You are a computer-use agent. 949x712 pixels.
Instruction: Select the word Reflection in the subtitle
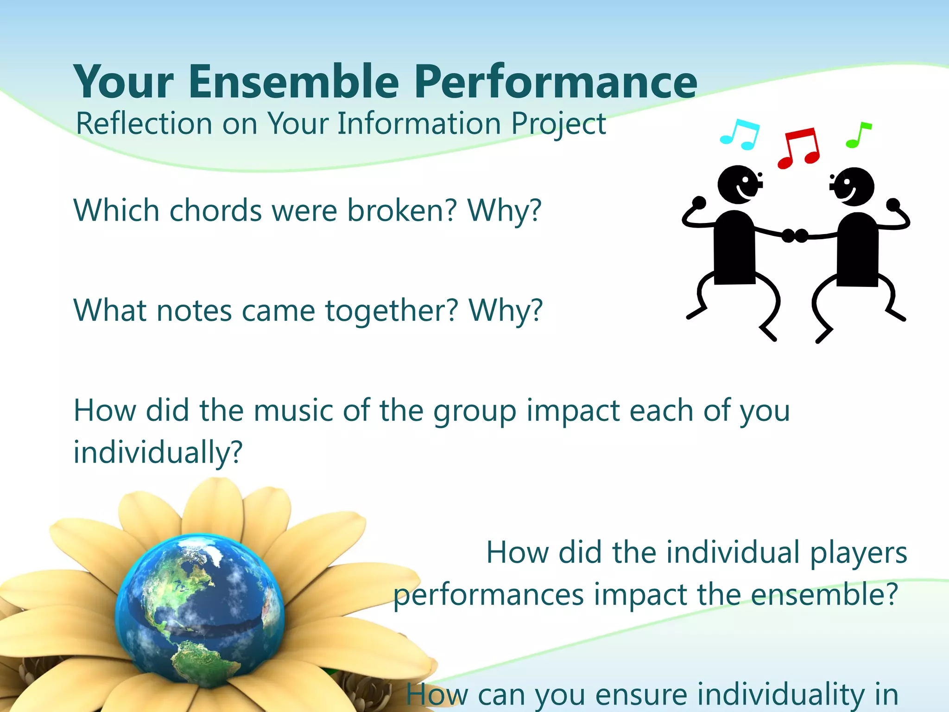[x=144, y=124]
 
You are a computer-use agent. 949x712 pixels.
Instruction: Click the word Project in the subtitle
[x=558, y=125]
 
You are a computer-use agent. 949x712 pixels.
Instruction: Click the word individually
[x=158, y=452]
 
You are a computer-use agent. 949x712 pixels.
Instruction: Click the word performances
[x=488, y=595]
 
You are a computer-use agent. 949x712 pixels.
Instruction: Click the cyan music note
[x=740, y=135]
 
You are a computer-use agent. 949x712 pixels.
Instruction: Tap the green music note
[x=858, y=135]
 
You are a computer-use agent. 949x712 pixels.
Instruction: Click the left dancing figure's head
[x=738, y=184]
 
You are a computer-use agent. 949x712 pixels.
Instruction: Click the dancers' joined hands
[x=794, y=235]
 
